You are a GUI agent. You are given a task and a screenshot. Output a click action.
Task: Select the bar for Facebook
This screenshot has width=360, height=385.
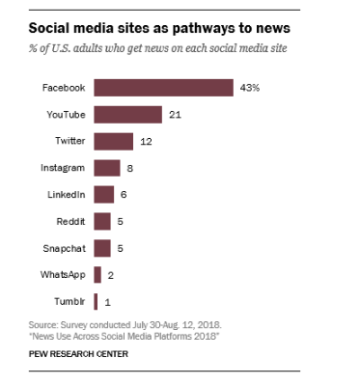pyautogui.click(x=163, y=88)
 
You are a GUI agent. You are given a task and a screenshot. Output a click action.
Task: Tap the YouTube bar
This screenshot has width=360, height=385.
pyautogui.click(x=127, y=115)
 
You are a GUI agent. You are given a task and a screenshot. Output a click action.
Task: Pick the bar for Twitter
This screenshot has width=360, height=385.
pyautogui.click(x=113, y=141)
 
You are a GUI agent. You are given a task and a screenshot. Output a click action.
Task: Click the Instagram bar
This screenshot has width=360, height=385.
pyautogui.click(x=106, y=168)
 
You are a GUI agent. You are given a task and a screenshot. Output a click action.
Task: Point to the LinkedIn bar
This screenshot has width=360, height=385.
pyautogui.click(x=103, y=194)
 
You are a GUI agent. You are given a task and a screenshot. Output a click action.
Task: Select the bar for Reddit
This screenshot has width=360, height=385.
pyautogui.click(x=101, y=221)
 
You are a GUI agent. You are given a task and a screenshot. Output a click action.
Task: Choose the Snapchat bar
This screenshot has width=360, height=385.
pyautogui.click(x=101, y=248)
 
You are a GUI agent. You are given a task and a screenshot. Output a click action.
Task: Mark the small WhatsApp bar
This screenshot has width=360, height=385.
pyautogui.click(x=97, y=274)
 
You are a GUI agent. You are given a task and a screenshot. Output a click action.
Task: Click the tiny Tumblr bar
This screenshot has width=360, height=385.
pyautogui.click(x=96, y=301)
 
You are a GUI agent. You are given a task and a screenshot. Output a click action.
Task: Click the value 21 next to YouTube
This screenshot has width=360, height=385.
pyautogui.click(x=175, y=115)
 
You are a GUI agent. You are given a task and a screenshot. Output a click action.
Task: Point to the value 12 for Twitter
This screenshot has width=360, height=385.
pyautogui.click(x=147, y=141)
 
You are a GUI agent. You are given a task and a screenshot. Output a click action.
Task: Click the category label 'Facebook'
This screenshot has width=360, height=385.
pyautogui.click(x=64, y=88)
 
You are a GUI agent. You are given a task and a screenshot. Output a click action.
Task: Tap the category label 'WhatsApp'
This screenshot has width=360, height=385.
pyautogui.click(x=63, y=274)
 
